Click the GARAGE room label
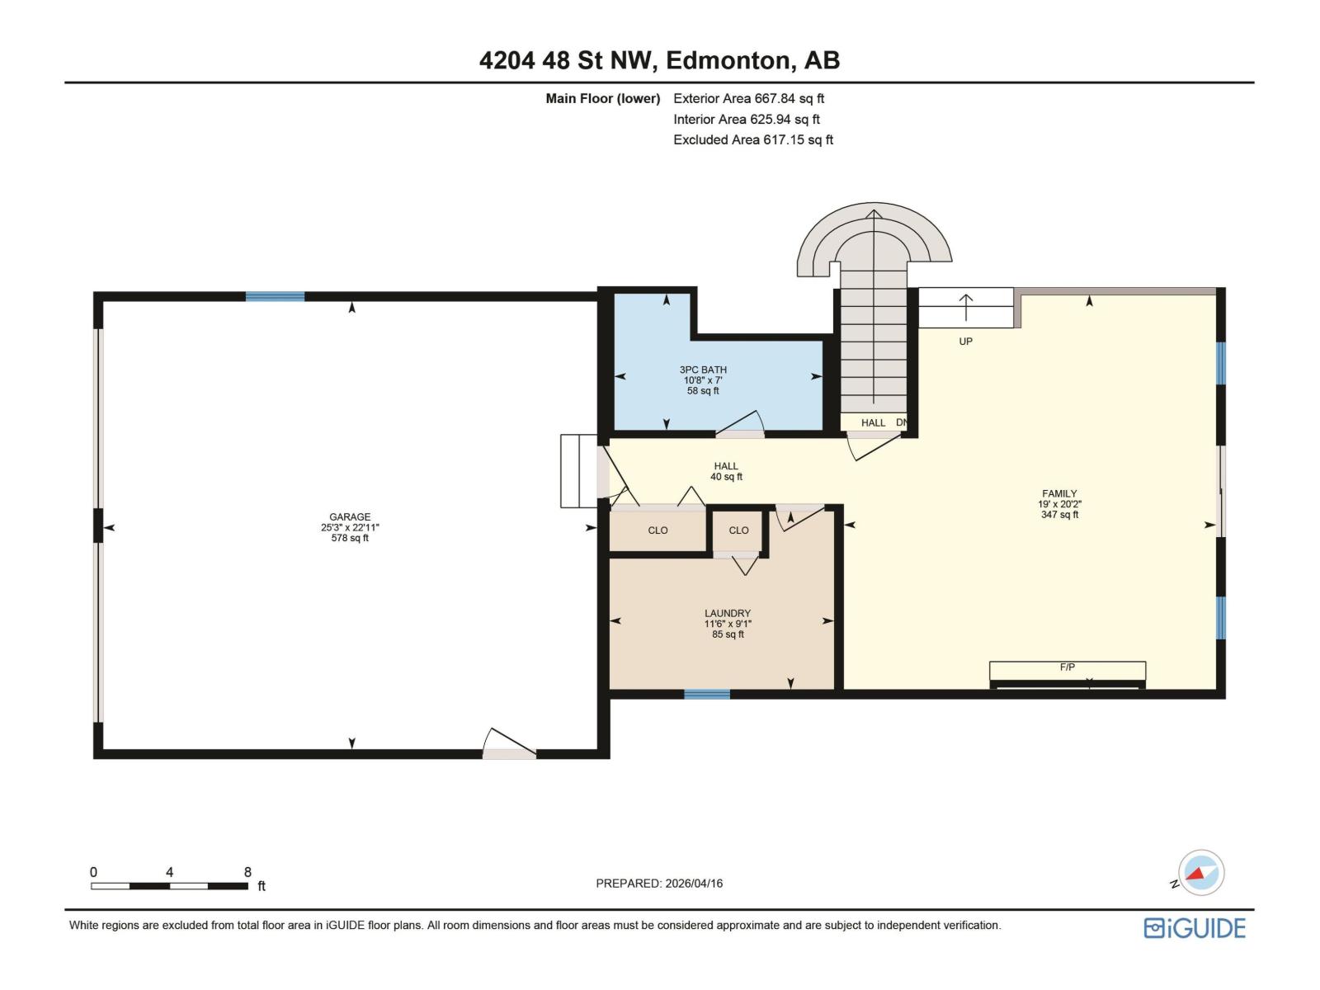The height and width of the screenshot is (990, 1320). pyautogui.click(x=350, y=517)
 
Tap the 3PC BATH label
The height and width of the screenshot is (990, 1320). pyautogui.click(x=703, y=370)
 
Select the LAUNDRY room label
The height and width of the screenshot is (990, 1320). pyautogui.click(x=728, y=614)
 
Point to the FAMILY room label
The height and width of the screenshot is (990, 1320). pyautogui.click(x=1059, y=494)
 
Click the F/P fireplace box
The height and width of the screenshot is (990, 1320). pyautogui.click(x=1067, y=670)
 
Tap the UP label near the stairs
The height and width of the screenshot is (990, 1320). pyautogui.click(x=965, y=342)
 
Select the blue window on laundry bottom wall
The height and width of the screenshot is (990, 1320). pyautogui.click(x=707, y=695)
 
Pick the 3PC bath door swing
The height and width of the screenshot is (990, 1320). pyautogui.click(x=741, y=425)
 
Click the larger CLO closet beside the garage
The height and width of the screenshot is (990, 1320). pyautogui.click(x=658, y=530)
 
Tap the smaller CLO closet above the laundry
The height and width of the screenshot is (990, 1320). pyautogui.click(x=738, y=530)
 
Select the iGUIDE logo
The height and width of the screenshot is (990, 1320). pyautogui.click(x=1195, y=928)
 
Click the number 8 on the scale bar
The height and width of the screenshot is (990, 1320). pyautogui.click(x=247, y=872)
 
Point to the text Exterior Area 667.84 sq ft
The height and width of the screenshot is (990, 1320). pyautogui.click(x=748, y=98)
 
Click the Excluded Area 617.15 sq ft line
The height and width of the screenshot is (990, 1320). pyautogui.click(x=752, y=139)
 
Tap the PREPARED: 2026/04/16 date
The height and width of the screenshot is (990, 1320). pyautogui.click(x=659, y=883)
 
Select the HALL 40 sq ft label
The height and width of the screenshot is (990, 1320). pyautogui.click(x=726, y=471)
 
